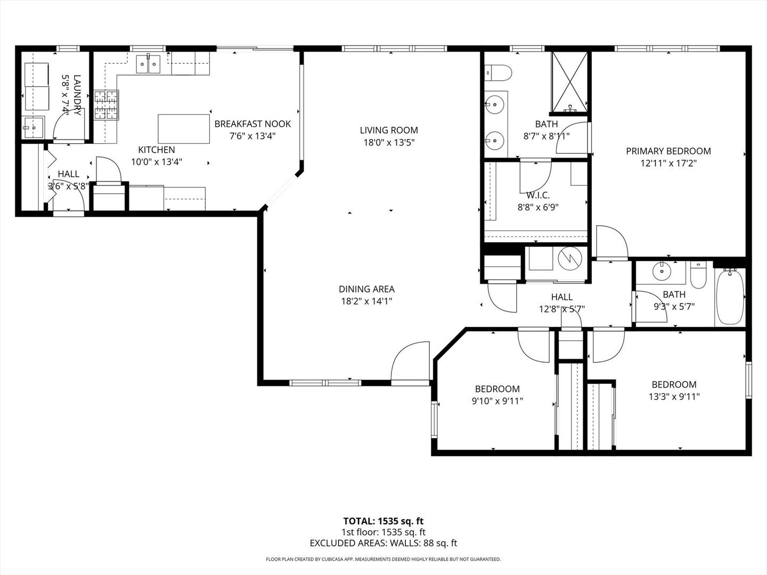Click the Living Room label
click(x=389, y=130)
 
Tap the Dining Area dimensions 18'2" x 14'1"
click(x=366, y=301)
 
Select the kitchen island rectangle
click(x=184, y=129)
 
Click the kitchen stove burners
click(x=106, y=105)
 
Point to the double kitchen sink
click(x=148, y=64)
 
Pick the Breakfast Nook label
click(x=252, y=124)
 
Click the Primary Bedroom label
click(x=668, y=151)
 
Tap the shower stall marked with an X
click(x=569, y=83)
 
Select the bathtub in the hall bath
click(x=730, y=297)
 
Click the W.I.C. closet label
click(x=538, y=195)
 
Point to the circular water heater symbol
click(x=569, y=259)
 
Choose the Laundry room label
click(x=77, y=95)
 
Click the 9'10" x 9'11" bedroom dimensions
click(x=497, y=401)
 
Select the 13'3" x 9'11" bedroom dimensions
click(x=674, y=397)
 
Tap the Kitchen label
click(x=157, y=150)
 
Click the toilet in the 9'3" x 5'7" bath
click(x=698, y=275)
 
